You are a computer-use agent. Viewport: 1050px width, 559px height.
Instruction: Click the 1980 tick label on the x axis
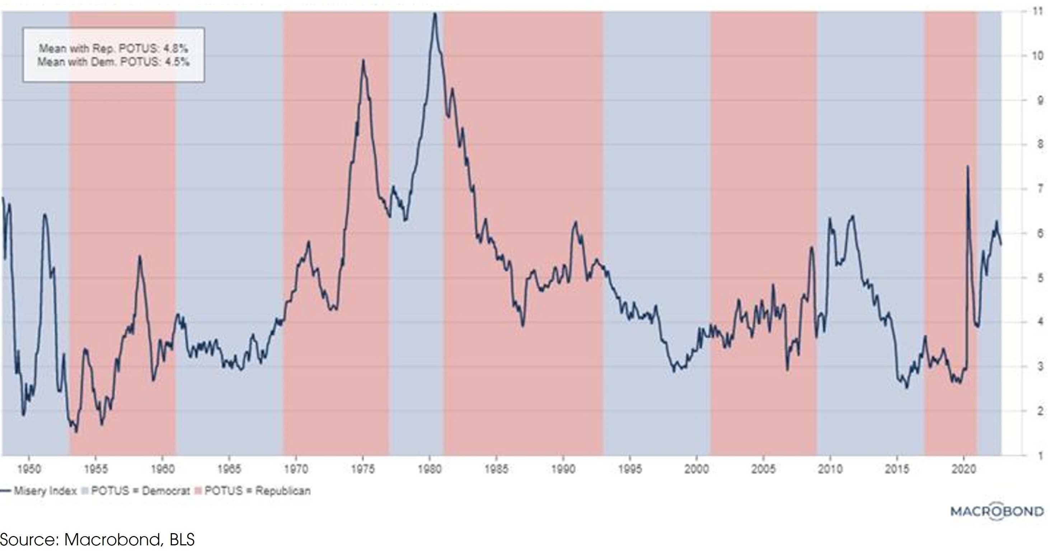pyautogui.click(x=430, y=469)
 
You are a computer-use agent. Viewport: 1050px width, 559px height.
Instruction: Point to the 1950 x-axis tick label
pyautogui.click(x=29, y=469)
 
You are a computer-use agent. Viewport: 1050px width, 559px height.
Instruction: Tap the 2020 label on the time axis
pyautogui.click(x=964, y=469)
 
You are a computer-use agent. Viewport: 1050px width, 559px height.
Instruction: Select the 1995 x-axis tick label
pyautogui.click(x=630, y=469)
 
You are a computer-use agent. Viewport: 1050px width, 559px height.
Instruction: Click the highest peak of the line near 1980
pyautogui.click(x=435, y=13)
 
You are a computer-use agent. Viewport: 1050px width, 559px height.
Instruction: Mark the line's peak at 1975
pyautogui.click(x=363, y=60)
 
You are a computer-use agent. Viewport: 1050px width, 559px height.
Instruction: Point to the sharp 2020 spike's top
pyautogui.click(x=968, y=166)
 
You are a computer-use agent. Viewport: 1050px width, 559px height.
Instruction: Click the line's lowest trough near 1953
pyautogui.click(x=76, y=432)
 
